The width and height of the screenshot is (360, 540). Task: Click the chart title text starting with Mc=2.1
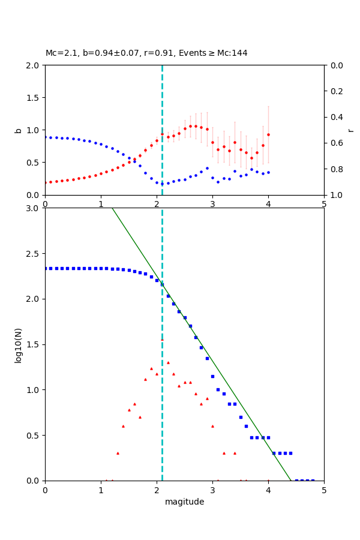pyautogui.click(x=146, y=53)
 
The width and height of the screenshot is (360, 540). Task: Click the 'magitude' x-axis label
pyautogui.click(x=184, y=502)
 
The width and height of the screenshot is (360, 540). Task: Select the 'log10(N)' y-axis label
pyautogui.click(x=18, y=344)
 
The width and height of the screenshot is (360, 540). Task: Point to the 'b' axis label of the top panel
pyautogui.click(x=18, y=130)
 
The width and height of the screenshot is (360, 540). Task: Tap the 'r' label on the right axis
pyautogui.click(x=350, y=130)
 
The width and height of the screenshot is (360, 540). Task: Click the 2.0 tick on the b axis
pyautogui.click(x=34, y=65)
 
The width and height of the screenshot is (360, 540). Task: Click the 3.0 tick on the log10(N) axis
pyautogui.click(x=34, y=208)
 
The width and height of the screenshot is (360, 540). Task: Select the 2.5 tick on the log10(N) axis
pyautogui.click(x=34, y=254)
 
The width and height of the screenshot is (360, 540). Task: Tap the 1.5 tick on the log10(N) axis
pyautogui.click(x=34, y=344)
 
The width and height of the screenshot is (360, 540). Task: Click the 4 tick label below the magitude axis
pyautogui.click(x=268, y=490)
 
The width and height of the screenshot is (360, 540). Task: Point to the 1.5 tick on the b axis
pyautogui.click(x=34, y=98)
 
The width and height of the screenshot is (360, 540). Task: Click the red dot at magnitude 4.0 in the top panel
pyautogui.click(x=268, y=134)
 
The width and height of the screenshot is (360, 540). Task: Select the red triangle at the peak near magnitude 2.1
pyautogui.click(x=162, y=340)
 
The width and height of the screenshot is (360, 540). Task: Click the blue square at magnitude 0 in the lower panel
pyautogui.click(x=45, y=268)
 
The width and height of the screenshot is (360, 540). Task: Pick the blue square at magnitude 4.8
pyautogui.click(x=313, y=481)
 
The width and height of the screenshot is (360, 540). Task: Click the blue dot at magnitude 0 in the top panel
pyautogui.click(x=45, y=137)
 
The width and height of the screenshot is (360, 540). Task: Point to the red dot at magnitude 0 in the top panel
pyautogui.click(x=45, y=182)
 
